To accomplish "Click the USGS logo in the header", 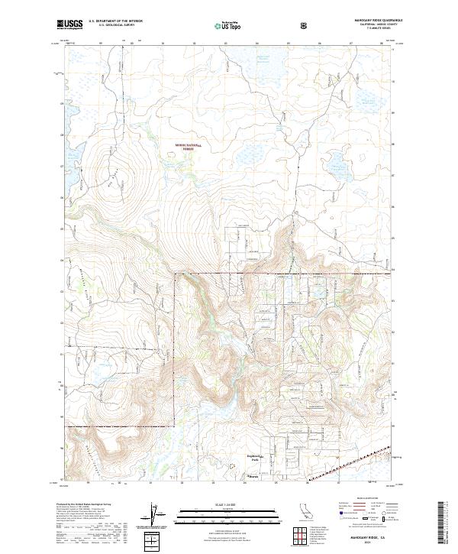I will (69, 25).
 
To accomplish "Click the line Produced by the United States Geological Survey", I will (85, 506).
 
